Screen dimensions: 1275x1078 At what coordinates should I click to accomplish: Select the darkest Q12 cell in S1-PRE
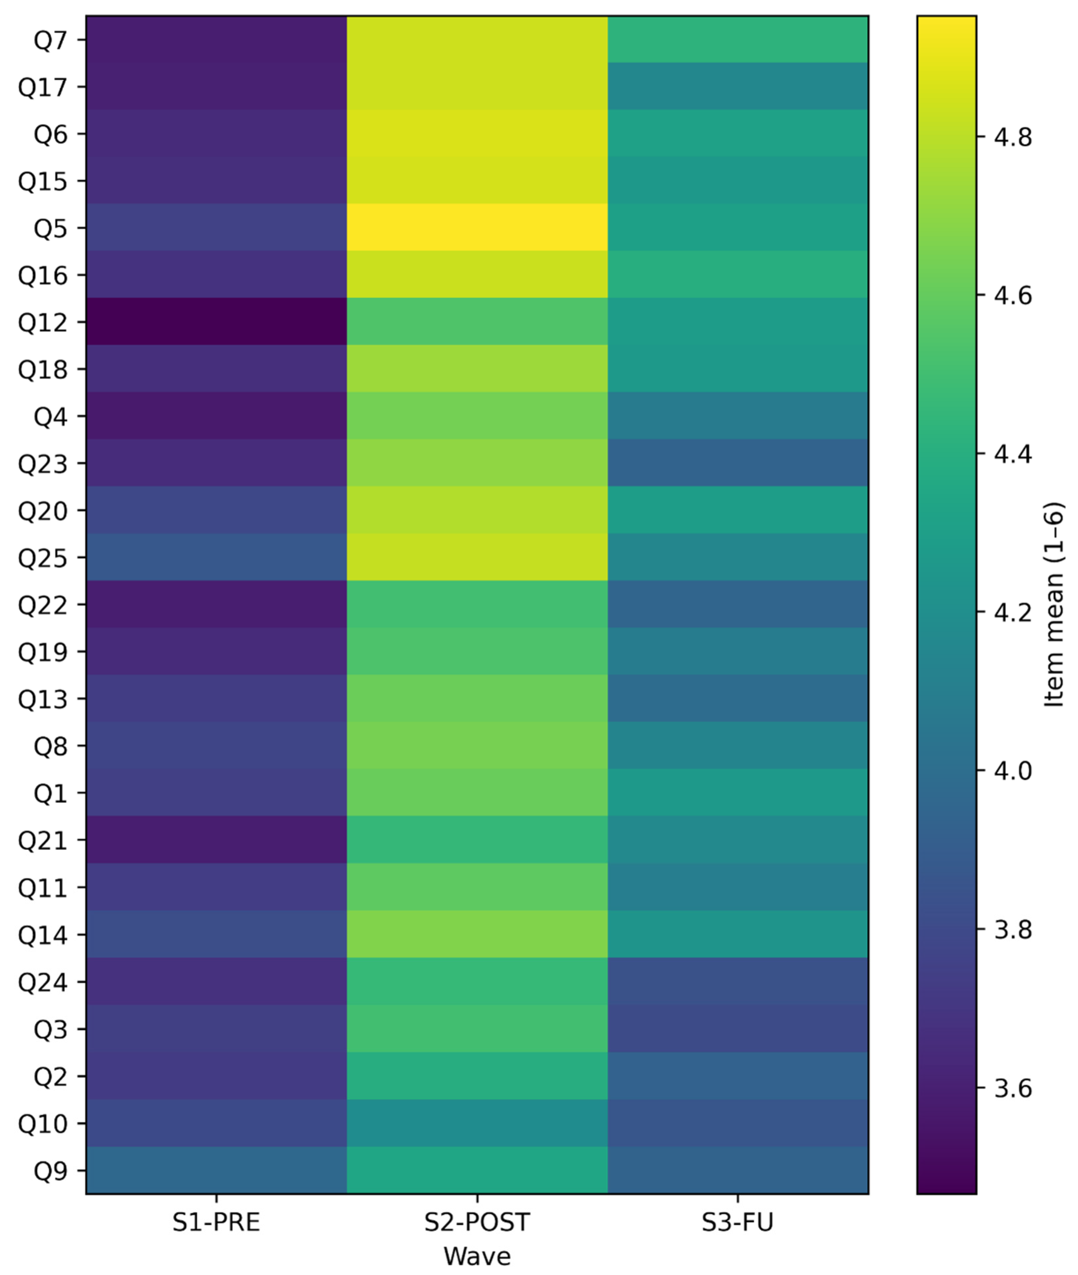point(216,322)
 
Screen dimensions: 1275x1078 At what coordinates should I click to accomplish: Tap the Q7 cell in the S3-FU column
point(738,40)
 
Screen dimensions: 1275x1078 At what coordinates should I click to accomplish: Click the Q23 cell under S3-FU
point(738,463)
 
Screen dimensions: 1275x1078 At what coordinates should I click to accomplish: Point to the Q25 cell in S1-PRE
point(216,557)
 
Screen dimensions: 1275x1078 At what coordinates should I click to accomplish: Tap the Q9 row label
point(50,1170)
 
